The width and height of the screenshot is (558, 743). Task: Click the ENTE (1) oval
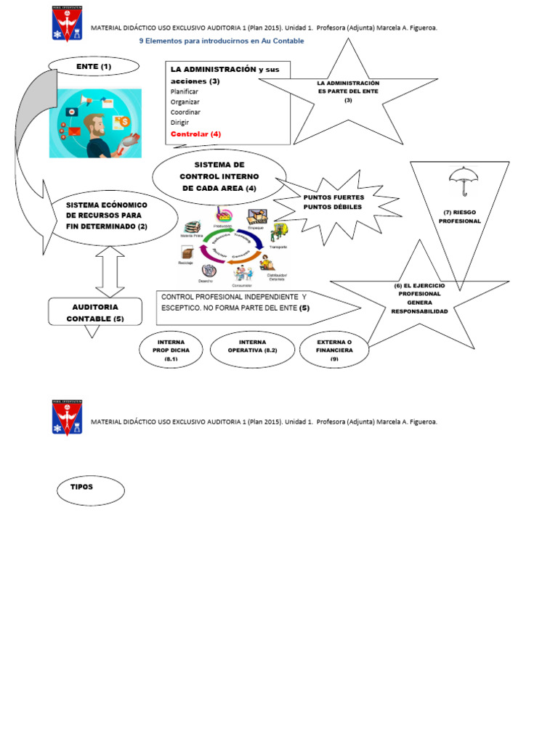[x=94, y=67]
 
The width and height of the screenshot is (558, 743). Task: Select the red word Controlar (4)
[x=195, y=134]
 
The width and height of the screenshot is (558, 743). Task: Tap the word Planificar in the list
[x=185, y=92]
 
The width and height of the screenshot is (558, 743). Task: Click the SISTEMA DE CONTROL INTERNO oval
[x=219, y=176]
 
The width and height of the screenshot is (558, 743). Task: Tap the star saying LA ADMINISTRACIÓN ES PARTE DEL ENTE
[x=348, y=92]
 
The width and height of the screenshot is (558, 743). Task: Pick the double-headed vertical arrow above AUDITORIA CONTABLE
[x=110, y=271]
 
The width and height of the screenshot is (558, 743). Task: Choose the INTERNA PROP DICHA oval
[x=171, y=349]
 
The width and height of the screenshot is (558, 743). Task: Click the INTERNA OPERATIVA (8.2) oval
[x=252, y=349]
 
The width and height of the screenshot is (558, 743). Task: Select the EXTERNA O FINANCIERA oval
[x=334, y=349]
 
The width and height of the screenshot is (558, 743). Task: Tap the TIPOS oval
[x=91, y=491]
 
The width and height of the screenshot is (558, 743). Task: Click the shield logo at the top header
[x=67, y=23]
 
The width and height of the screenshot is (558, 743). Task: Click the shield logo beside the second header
[x=67, y=418]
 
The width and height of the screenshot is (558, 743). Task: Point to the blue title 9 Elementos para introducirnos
[x=222, y=41]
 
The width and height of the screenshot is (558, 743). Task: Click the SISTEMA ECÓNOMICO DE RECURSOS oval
[x=106, y=215]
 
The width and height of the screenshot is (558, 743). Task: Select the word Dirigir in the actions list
[x=179, y=123]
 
